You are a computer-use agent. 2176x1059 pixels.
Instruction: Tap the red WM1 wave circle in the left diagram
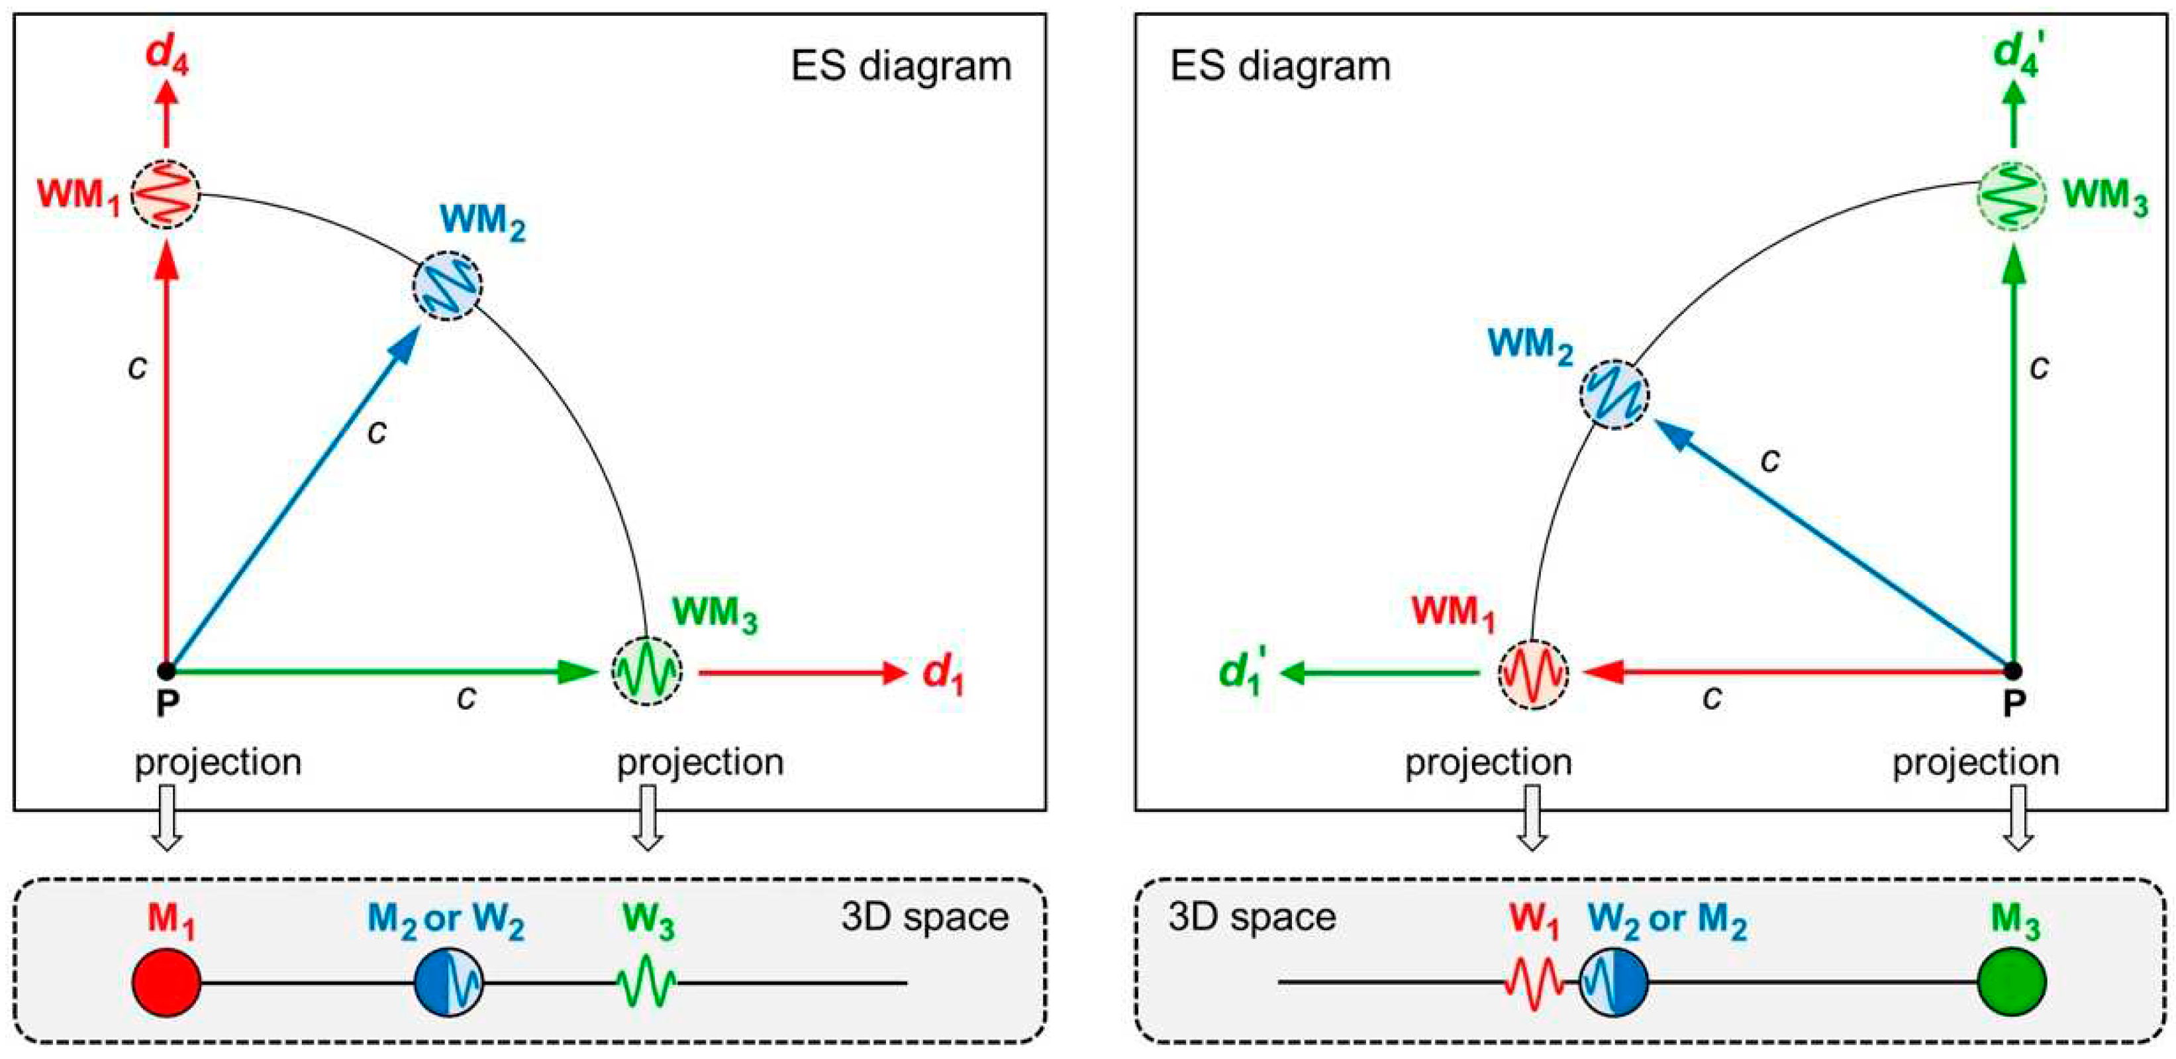166,194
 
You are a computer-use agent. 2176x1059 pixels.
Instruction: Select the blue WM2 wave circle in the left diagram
448,285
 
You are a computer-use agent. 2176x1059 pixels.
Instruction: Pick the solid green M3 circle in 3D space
2011,982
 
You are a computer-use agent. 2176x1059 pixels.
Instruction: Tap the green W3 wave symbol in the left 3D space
646,982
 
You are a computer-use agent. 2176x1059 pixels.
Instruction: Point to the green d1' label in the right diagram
1241,675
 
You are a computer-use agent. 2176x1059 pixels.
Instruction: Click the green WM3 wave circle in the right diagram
2011,195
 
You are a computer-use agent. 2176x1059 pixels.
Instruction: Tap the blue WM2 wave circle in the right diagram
1614,395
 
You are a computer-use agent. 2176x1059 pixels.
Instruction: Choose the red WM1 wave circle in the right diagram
1533,673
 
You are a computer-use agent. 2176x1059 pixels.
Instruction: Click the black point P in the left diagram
166,672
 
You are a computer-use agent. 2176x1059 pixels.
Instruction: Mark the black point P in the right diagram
2013,672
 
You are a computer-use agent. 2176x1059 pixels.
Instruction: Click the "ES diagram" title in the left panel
901,66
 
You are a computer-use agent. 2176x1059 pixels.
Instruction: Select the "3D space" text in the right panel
1252,917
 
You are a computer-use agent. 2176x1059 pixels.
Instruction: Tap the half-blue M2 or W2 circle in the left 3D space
448,982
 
